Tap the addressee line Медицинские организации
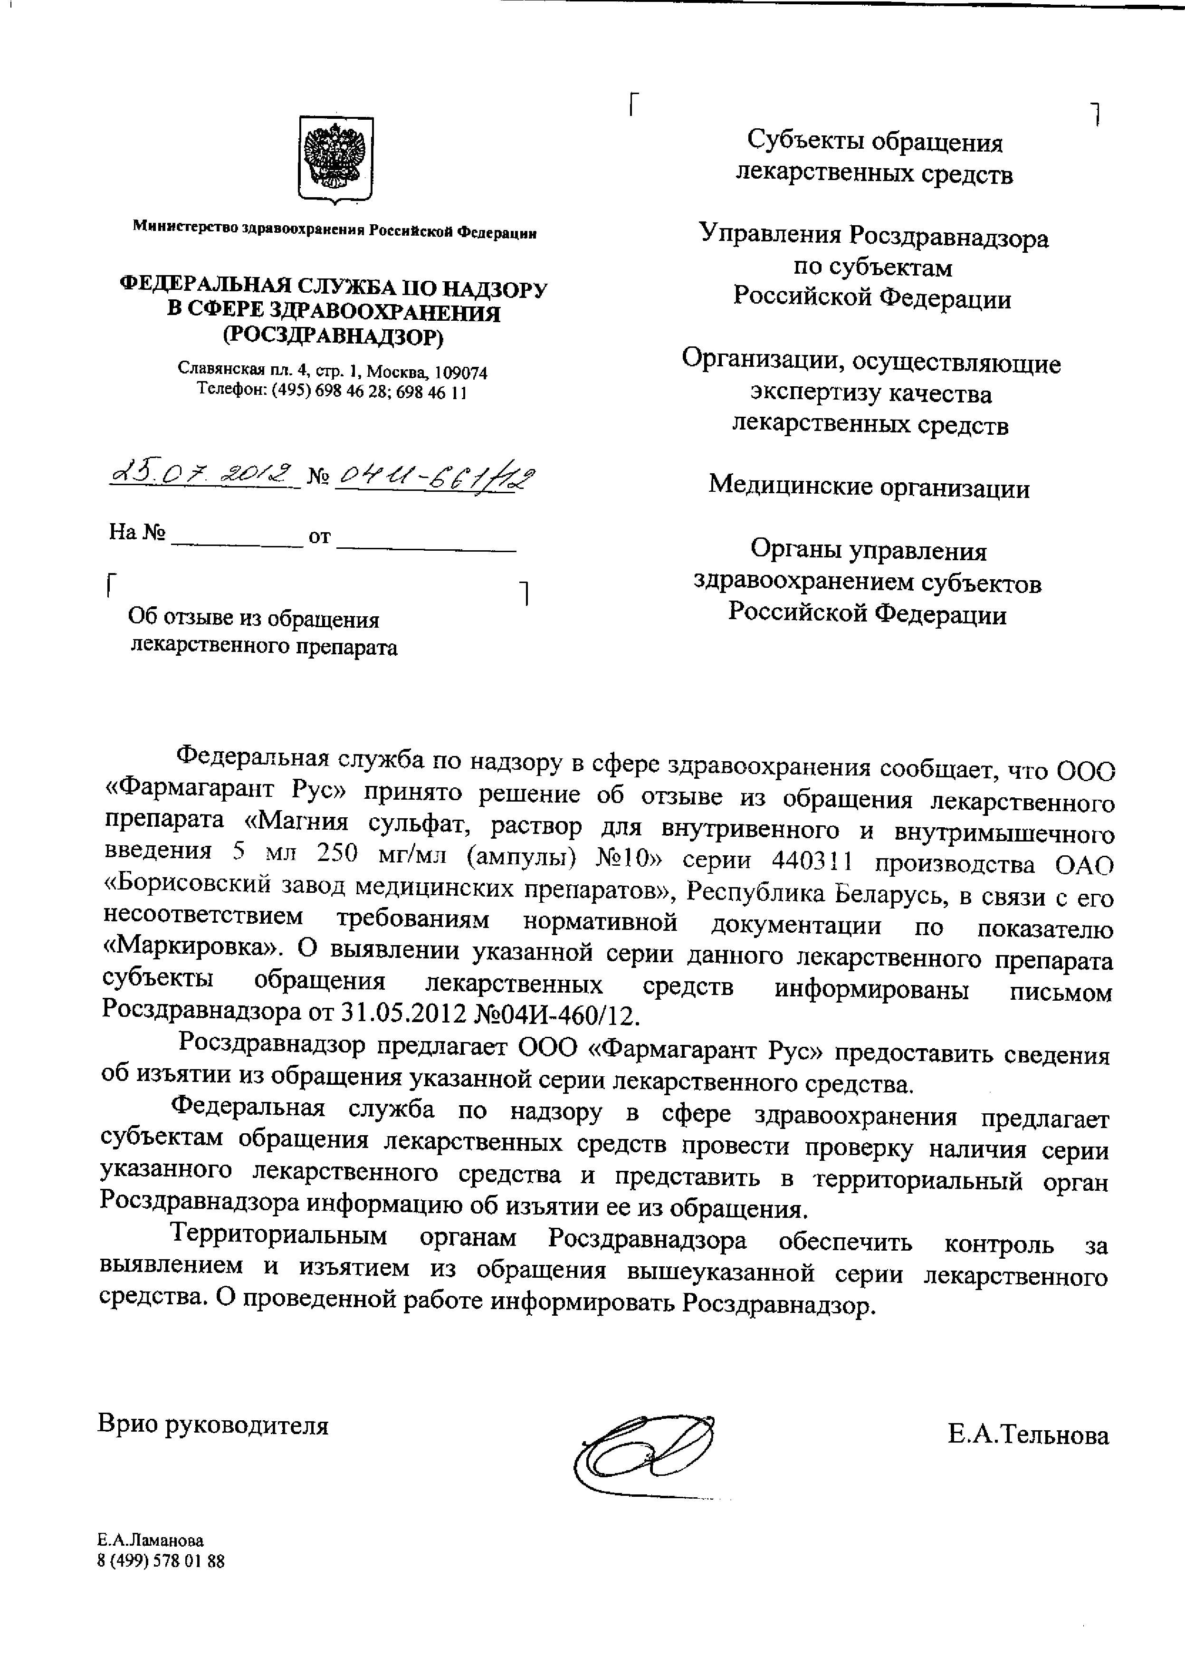pyautogui.click(x=869, y=487)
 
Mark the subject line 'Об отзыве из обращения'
pyautogui.click(x=254, y=619)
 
